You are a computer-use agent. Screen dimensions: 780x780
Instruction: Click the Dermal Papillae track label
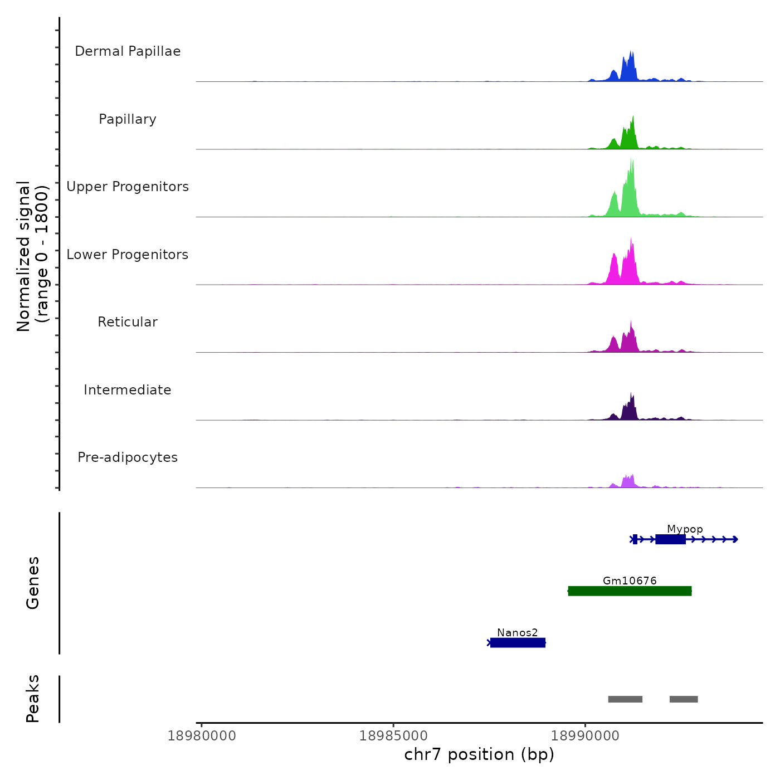(x=128, y=51)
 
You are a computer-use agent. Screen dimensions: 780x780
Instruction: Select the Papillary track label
(x=128, y=119)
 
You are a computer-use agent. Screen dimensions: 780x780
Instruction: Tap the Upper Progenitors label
(x=128, y=187)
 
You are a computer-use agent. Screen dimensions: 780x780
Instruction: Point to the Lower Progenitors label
(x=128, y=255)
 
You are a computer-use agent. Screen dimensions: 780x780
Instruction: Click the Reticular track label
(x=128, y=322)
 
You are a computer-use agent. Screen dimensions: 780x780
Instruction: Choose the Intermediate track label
(x=128, y=390)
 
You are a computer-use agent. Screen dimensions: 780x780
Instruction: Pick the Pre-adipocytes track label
(x=128, y=457)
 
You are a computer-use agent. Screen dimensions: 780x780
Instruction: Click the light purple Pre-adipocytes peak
(x=628, y=482)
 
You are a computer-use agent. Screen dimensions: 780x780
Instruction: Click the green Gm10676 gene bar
(x=630, y=591)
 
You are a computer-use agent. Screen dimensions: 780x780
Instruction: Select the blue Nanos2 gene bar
(x=518, y=643)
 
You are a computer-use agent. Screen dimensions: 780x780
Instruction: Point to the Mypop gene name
(x=685, y=529)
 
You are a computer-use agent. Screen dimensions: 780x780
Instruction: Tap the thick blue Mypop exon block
(x=670, y=539)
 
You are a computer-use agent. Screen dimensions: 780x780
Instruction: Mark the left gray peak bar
(x=625, y=699)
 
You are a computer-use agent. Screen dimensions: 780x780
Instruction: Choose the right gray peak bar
(x=684, y=699)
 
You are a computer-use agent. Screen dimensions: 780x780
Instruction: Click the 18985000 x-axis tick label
(x=393, y=736)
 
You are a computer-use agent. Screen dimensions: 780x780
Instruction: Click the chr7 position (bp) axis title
(x=479, y=755)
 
